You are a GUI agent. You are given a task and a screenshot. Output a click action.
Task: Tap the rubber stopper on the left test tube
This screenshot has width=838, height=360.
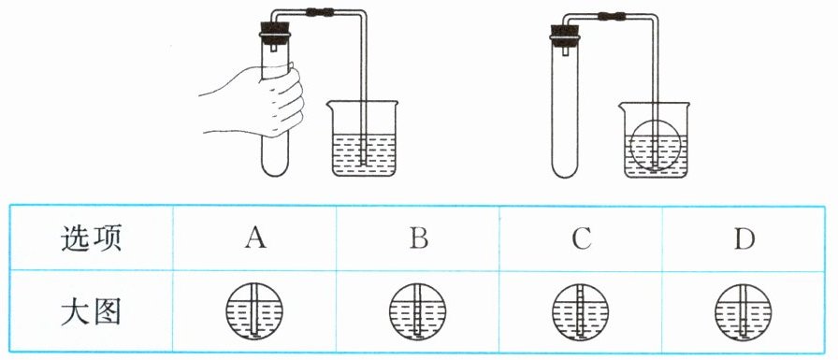(x=275, y=32)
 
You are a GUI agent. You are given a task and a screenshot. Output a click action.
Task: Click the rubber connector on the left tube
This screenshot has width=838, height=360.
(x=320, y=10)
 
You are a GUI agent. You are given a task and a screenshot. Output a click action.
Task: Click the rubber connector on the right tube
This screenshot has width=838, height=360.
(x=612, y=16)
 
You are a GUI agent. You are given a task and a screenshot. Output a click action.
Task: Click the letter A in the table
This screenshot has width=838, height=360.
(x=255, y=238)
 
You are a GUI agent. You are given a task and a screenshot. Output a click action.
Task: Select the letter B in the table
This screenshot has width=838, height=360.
(x=418, y=238)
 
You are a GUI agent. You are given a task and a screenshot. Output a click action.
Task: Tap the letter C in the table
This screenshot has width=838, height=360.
(x=582, y=239)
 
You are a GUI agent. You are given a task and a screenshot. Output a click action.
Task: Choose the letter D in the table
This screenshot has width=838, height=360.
(x=744, y=239)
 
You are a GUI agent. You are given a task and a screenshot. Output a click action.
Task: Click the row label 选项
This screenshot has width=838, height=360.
(x=91, y=238)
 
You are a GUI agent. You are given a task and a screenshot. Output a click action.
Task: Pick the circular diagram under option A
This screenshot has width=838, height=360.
(x=254, y=311)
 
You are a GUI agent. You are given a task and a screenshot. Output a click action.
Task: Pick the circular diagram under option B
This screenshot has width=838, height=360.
(x=417, y=311)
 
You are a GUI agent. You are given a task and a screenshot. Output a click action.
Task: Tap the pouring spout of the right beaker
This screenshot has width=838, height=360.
(x=622, y=106)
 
